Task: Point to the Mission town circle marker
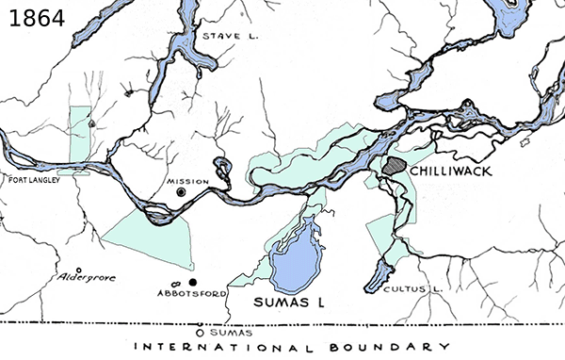pyautogui.click(x=181, y=193)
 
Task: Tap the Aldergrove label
pyautogui.click(x=86, y=280)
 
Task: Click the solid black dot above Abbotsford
pyautogui.click(x=192, y=282)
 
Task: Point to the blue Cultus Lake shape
pyautogui.click(x=378, y=272)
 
